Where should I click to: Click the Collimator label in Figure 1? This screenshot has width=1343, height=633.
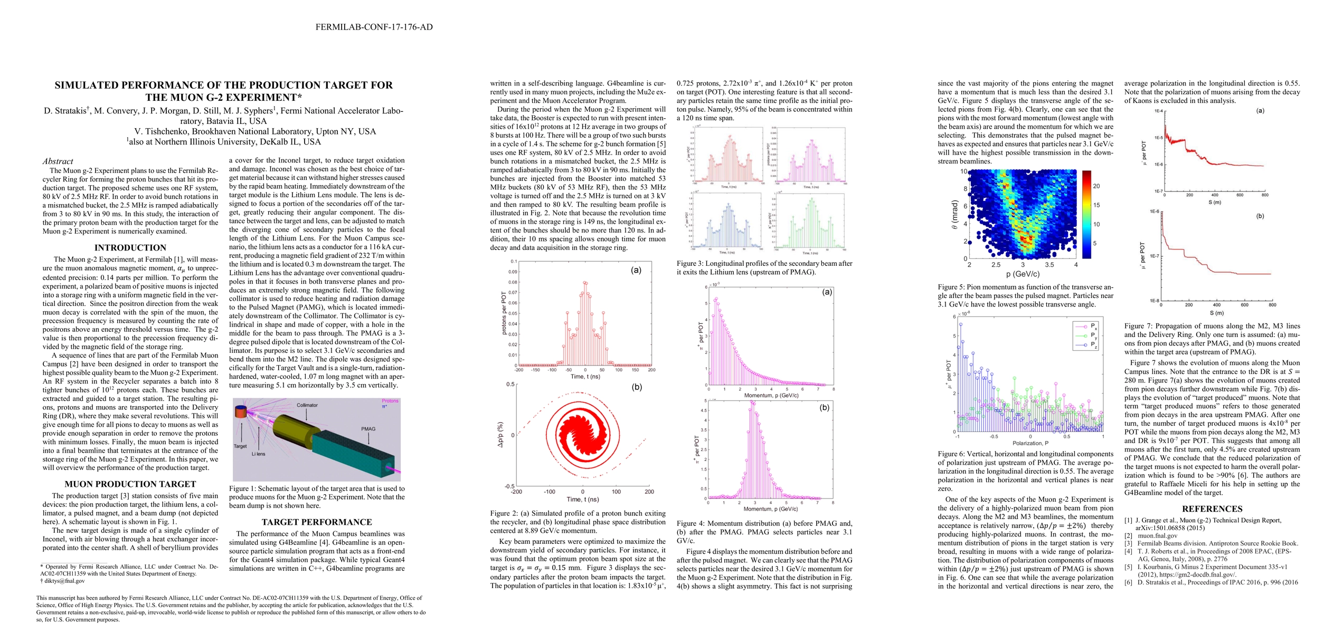click(x=307, y=405)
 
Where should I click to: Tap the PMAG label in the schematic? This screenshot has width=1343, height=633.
click(x=368, y=429)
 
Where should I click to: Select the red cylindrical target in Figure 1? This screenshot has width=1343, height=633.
click(x=240, y=411)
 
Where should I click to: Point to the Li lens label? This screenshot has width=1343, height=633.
click(x=258, y=454)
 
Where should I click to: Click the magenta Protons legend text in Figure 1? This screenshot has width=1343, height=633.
click(x=390, y=401)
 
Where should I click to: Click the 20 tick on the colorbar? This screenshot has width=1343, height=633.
click(x=1096, y=186)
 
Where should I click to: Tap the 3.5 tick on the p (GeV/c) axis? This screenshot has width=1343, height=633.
click(x=1049, y=265)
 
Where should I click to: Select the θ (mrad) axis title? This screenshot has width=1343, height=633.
click(x=954, y=215)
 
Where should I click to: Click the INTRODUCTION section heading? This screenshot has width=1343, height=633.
click(x=130, y=248)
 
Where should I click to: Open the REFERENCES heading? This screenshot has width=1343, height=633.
click(x=1212, y=509)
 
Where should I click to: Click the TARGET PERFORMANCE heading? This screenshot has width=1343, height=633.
click(x=317, y=522)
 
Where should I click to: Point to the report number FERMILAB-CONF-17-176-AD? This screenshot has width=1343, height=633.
click(x=374, y=27)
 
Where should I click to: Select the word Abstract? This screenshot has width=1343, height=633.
click(x=58, y=161)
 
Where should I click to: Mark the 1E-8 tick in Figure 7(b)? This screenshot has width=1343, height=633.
click(x=1153, y=301)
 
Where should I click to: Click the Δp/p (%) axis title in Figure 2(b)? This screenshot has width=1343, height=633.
click(x=500, y=435)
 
